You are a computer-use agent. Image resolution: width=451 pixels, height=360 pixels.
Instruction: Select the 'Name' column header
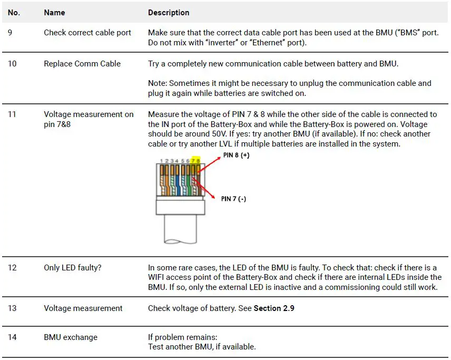point(54,13)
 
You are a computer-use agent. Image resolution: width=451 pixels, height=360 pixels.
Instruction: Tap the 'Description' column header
point(169,13)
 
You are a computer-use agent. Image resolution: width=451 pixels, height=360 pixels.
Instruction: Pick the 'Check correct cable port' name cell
point(87,33)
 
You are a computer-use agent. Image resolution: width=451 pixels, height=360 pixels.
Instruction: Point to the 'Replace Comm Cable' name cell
point(82,64)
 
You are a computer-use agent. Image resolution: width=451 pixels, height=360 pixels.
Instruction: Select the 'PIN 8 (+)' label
point(236,155)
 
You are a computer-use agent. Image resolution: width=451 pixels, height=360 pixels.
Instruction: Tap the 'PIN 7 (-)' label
point(233,199)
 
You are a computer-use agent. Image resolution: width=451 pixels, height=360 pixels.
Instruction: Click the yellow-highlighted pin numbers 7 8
point(195,161)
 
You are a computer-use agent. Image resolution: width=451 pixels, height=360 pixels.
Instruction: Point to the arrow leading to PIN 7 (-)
point(205,188)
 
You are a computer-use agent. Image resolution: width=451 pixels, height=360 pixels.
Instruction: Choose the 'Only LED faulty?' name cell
point(73,268)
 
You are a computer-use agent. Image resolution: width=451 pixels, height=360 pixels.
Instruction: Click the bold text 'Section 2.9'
point(274,308)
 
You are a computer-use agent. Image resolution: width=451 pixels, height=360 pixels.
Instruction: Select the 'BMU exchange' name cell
point(71,337)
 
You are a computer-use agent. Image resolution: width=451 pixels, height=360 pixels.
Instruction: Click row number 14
point(12,337)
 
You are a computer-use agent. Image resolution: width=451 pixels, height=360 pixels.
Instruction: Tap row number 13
point(12,308)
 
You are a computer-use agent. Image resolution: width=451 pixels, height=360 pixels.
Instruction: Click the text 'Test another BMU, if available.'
point(202,347)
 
